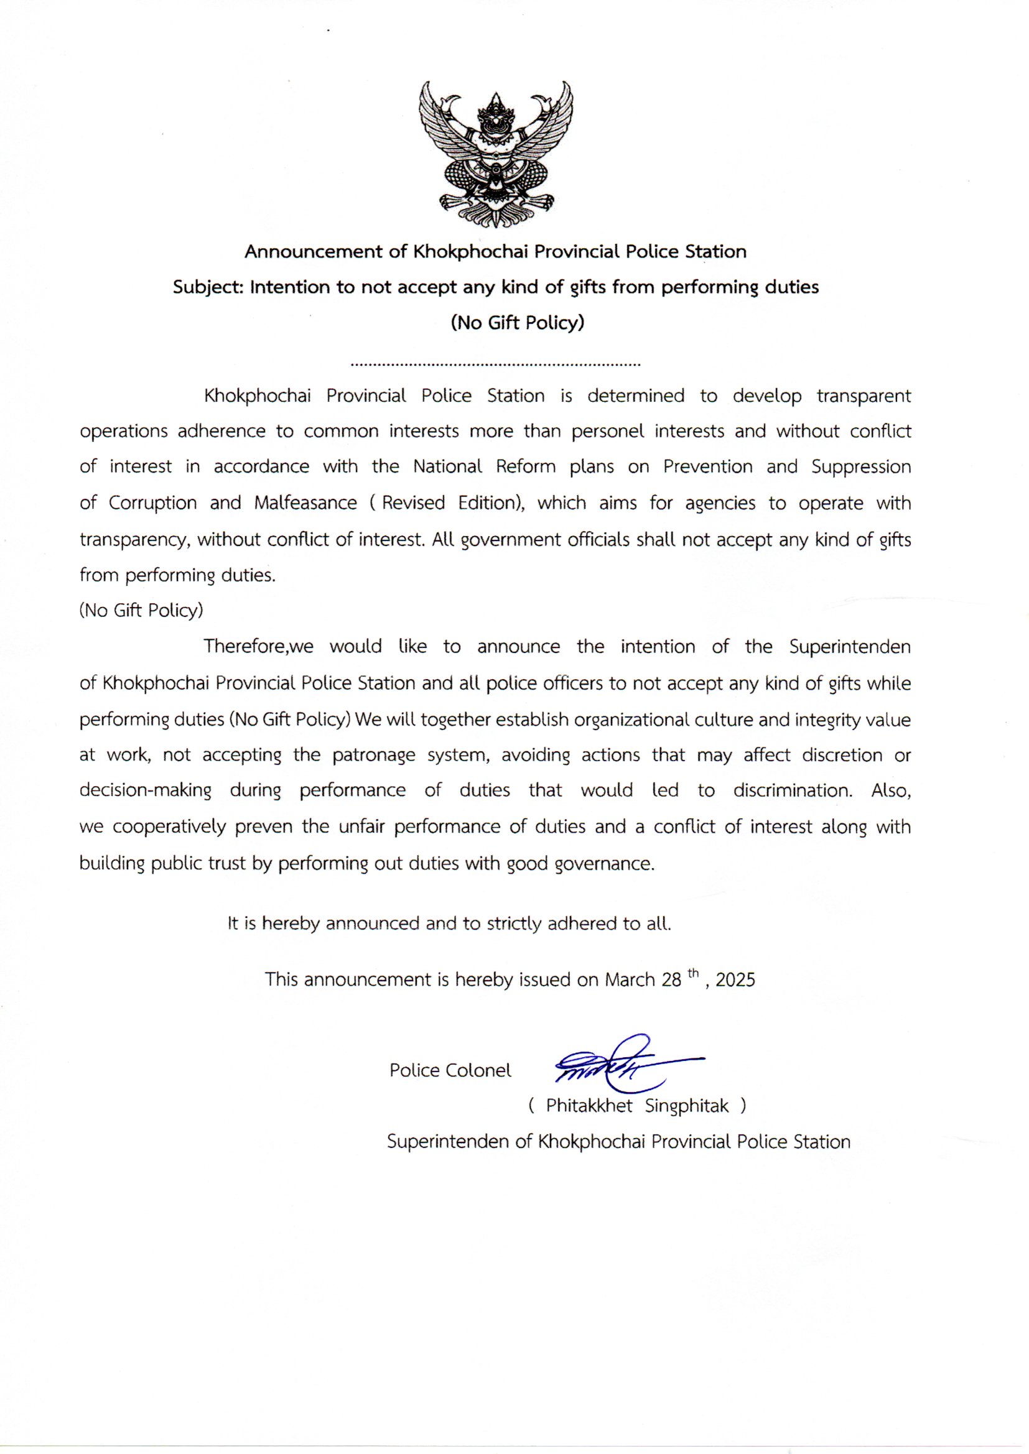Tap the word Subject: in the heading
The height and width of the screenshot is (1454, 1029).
tap(208, 287)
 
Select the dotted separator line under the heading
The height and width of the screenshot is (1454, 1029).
tap(495, 365)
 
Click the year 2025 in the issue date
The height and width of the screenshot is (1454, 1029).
tap(735, 980)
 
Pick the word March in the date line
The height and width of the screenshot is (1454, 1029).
tap(630, 980)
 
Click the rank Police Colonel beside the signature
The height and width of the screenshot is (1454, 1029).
tap(450, 1070)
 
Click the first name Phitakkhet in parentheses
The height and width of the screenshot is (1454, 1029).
tap(589, 1106)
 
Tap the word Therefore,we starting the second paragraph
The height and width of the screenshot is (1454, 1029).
tap(259, 647)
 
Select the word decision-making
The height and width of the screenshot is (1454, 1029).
tap(145, 791)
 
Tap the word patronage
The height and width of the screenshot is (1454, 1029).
tap(374, 756)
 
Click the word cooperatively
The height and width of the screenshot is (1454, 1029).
tap(169, 827)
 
